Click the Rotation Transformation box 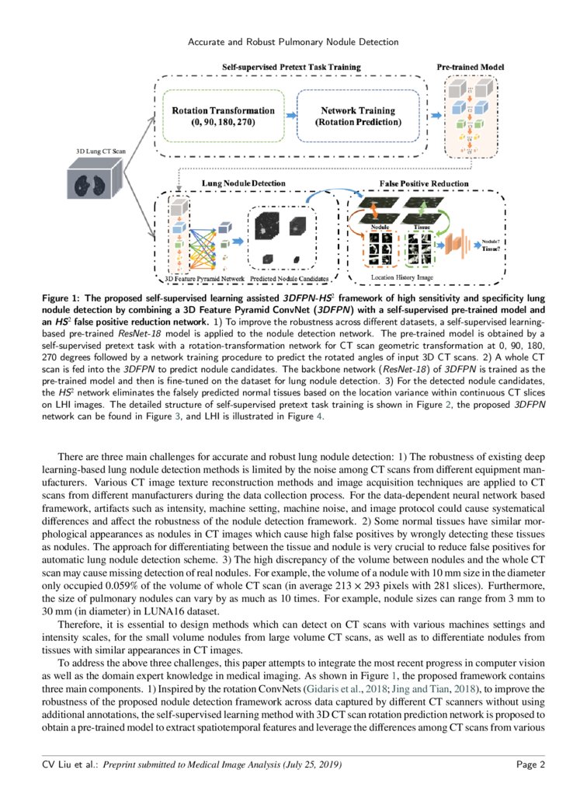pyautogui.click(x=223, y=116)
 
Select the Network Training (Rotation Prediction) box pyautogui.click(x=358, y=116)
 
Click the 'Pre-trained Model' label pyautogui.click(x=471, y=68)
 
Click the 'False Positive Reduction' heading pyautogui.click(x=423, y=183)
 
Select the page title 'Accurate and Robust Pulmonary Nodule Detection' pyautogui.click(x=293, y=41)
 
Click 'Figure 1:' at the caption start pyautogui.click(x=64, y=299)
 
